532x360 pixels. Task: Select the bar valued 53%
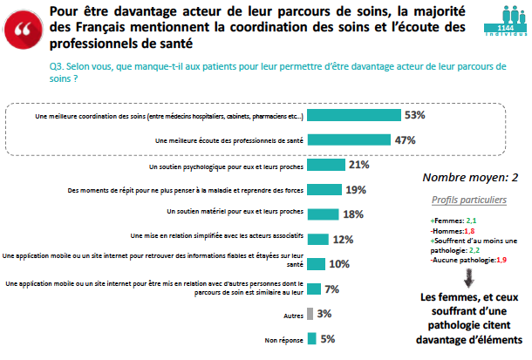point(353,115)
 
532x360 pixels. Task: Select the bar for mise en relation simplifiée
point(316,239)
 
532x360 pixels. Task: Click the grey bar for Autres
point(310,314)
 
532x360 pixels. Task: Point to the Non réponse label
point(283,340)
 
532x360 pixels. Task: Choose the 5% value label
point(328,339)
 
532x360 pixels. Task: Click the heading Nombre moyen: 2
point(470,177)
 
